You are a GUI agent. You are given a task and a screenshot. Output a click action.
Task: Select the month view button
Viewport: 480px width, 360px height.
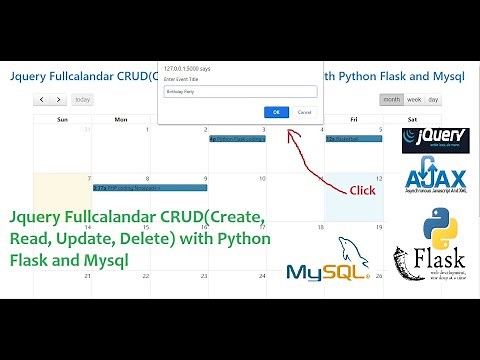pos(391,99)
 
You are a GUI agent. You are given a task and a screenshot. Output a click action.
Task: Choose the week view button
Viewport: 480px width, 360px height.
pos(414,99)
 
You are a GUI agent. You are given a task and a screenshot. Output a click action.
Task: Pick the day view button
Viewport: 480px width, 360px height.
pos(433,99)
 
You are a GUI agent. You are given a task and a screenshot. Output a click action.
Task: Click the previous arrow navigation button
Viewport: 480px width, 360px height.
pos(41,99)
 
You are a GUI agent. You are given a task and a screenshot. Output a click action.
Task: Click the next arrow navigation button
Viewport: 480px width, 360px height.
pos(58,99)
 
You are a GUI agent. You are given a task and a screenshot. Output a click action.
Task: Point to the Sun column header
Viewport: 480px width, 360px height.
pos(62,119)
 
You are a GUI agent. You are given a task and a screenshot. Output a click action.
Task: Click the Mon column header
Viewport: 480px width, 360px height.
pos(120,119)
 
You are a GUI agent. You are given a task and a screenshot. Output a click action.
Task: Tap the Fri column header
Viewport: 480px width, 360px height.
pos(353,119)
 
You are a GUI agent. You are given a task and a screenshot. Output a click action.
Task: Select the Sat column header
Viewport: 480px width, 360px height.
pos(411,119)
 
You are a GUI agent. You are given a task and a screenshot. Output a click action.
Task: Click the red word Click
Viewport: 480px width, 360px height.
pos(361,190)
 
